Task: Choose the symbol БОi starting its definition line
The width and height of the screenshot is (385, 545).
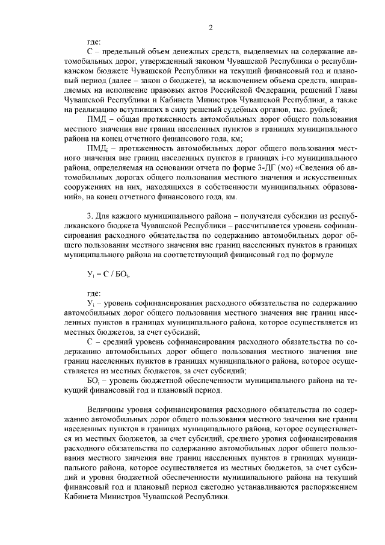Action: [x=96, y=381]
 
